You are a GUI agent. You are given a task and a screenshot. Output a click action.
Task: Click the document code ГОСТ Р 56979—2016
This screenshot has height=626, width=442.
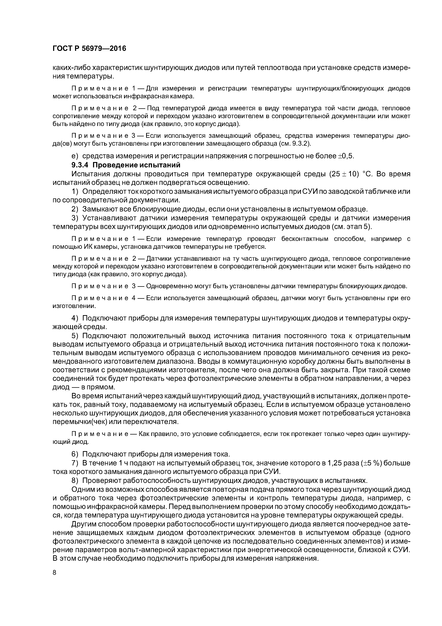click(x=89, y=49)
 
